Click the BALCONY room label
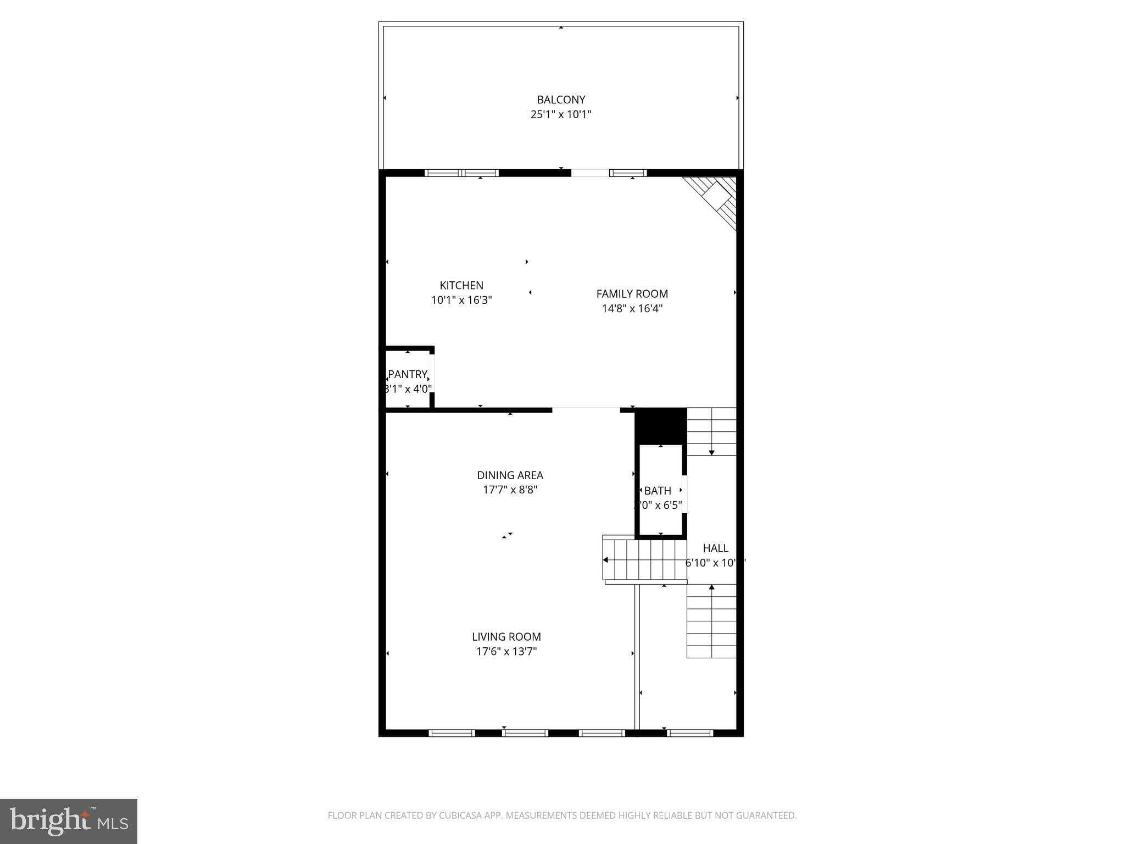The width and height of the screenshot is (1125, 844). click(561, 99)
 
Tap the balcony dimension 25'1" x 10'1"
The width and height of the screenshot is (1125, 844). click(561, 114)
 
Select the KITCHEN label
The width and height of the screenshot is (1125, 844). click(461, 285)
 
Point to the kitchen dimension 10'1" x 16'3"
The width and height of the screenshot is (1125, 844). click(461, 300)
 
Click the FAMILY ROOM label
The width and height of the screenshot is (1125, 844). click(632, 293)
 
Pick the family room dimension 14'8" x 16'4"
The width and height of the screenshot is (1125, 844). click(632, 308)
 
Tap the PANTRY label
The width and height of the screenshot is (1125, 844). click(407, 374)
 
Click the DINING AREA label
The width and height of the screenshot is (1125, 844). click(510, 475)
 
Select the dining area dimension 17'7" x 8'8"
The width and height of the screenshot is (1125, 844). click(510, 490)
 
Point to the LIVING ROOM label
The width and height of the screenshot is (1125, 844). click(506, 637)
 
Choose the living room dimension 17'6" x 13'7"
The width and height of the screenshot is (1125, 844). click(506, 652)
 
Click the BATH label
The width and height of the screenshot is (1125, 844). click(658, 491)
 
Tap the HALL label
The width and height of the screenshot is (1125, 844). click(715, 548)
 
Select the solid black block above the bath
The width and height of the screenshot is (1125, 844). click(661, 425)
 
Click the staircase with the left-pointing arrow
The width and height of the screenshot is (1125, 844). click(645, 560)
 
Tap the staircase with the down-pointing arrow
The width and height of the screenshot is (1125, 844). click(711, 431)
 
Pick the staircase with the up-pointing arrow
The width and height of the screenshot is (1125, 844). click(711, 621)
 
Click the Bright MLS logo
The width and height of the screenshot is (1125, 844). click(69, 821)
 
